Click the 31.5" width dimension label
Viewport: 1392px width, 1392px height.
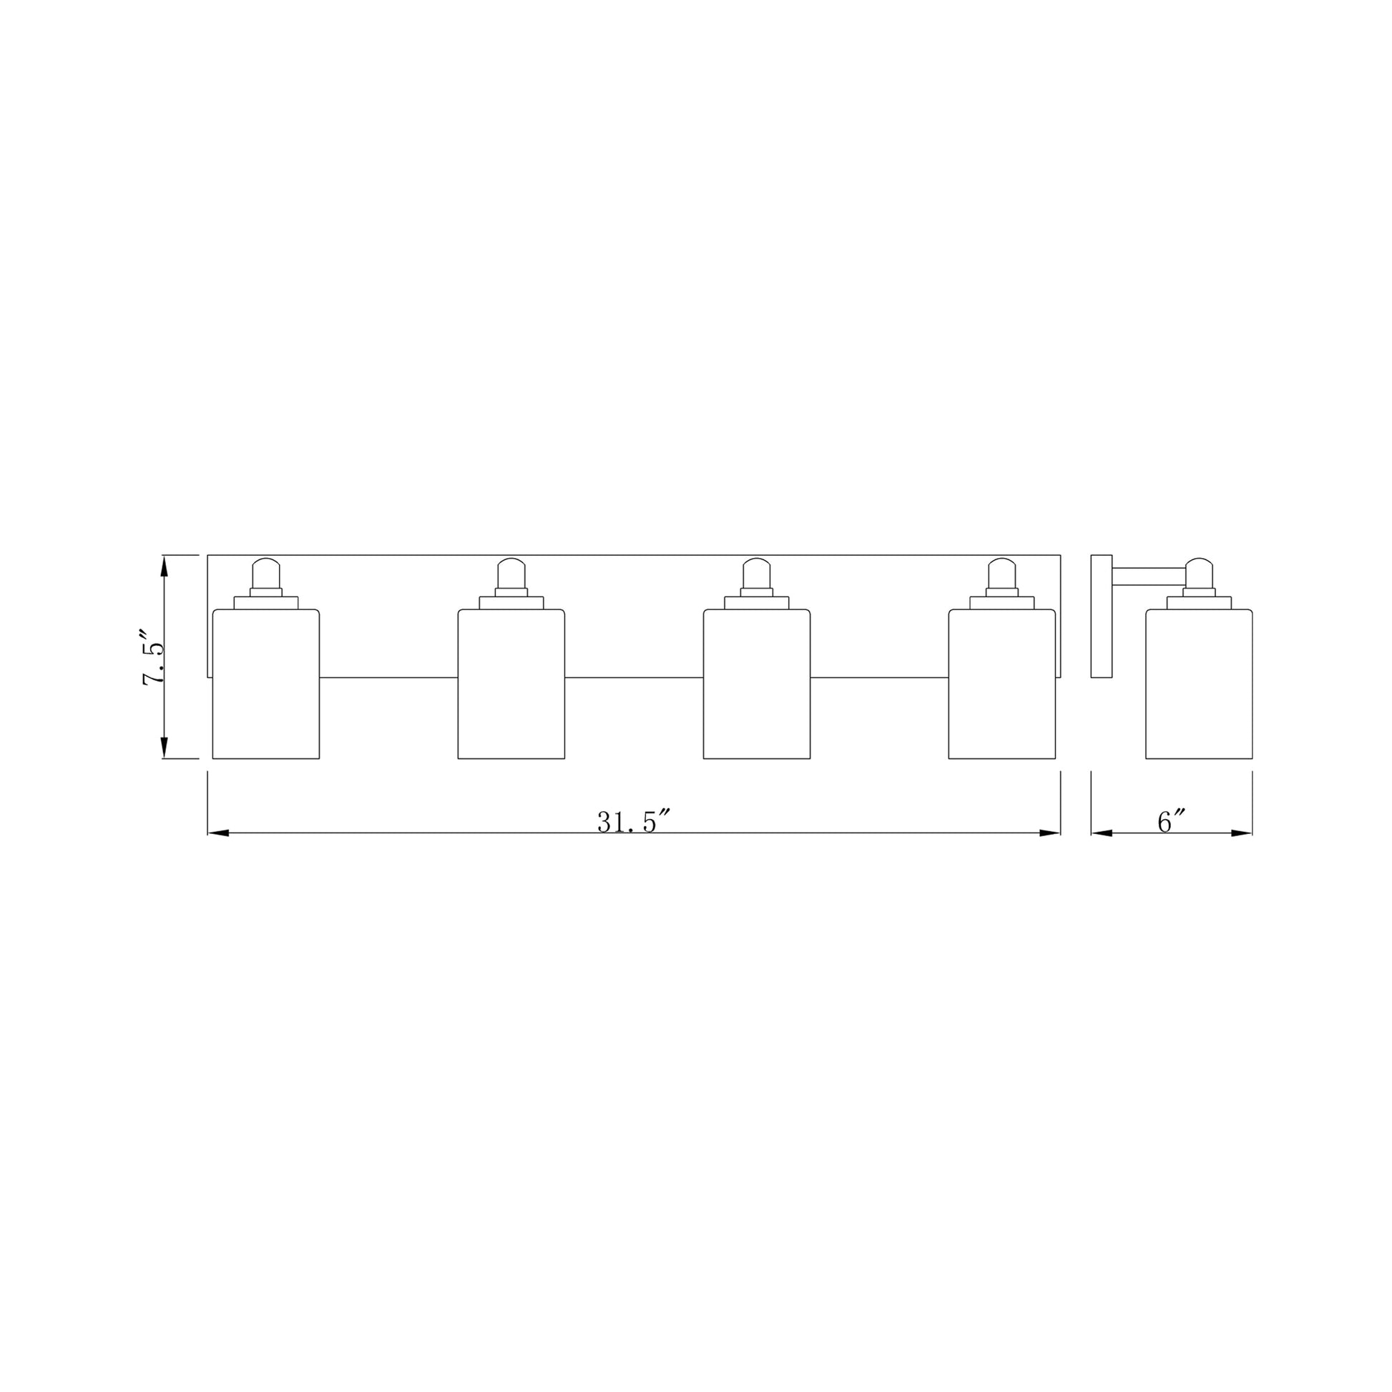point(633,822)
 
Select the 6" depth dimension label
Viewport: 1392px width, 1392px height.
point(1171,822)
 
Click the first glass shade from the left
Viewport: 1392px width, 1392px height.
point(266,684)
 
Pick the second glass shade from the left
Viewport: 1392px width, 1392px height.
point(511,684)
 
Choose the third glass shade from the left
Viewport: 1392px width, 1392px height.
point(757,684)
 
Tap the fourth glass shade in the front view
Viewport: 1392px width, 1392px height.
point(1001,684)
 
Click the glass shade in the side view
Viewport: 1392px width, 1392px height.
point(1199,684)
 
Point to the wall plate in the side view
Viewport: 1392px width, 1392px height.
point(1101,616)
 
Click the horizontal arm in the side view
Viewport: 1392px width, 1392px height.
point(1149,576)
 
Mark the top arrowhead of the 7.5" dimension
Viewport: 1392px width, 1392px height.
point(165,567)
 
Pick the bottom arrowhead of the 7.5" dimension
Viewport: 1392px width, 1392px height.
point(165,748)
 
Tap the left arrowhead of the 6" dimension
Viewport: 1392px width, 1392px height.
point(1102,833)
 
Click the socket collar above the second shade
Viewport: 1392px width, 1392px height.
point(511,602)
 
